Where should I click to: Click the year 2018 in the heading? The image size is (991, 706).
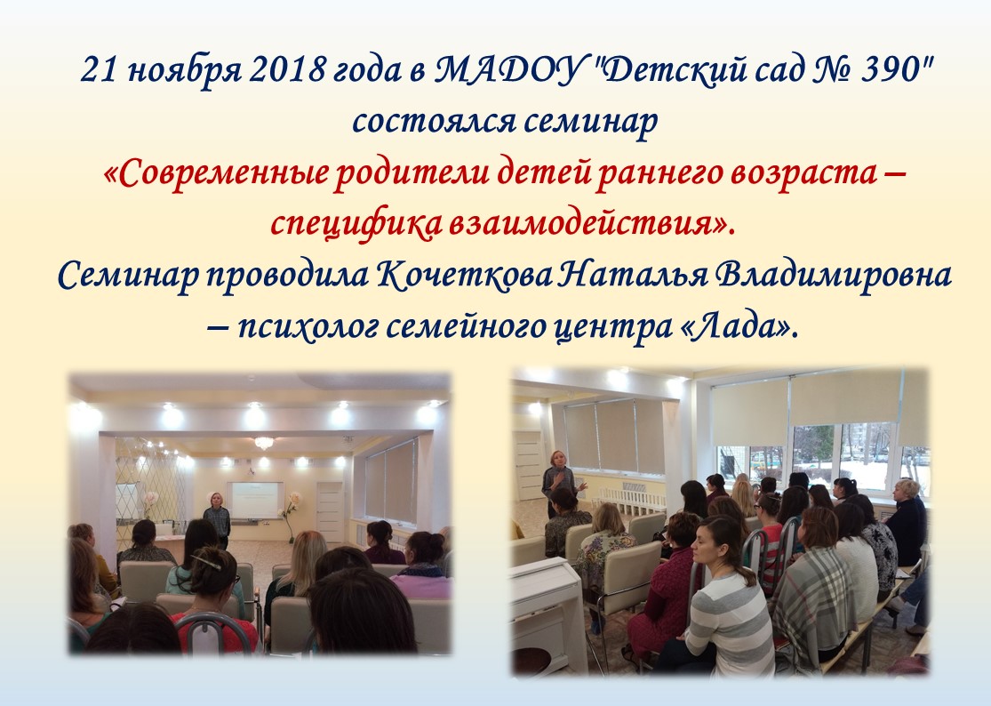[x=287, y=69]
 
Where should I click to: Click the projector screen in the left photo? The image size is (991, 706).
[x=255, y=500]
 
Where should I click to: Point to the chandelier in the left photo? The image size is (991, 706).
[x=264, y=443]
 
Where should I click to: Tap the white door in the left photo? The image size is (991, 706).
[x=330, y=511]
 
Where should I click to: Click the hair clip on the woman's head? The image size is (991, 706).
[x=209, y=561]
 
